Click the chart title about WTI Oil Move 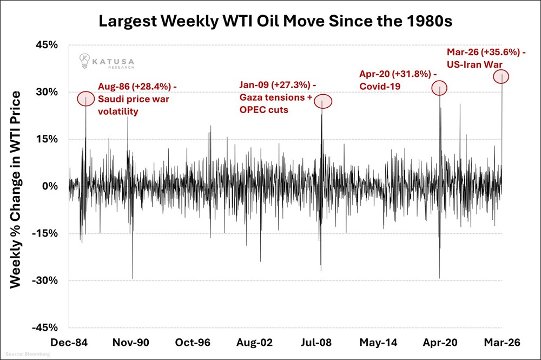tap(270, 23)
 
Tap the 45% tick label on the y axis tap(46, 45)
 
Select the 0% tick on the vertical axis tap(50, 186)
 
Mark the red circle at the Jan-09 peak tap(322, 101)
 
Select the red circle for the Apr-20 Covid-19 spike tap(439, 87)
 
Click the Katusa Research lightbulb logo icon tap(85, 60)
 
